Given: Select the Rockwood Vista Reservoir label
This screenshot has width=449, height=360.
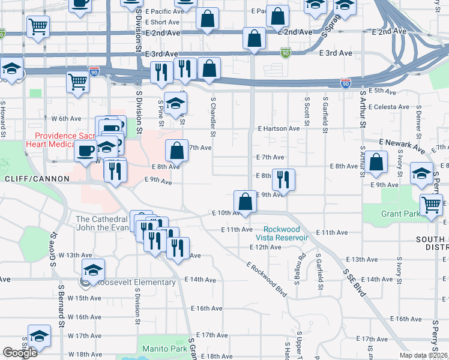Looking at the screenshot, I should coord(286,233).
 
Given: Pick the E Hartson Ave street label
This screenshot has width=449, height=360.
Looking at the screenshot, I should coord(279,128).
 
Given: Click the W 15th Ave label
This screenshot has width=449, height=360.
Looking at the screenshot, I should coord(84,298).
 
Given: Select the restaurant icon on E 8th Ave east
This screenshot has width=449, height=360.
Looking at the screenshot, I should coord(283,179).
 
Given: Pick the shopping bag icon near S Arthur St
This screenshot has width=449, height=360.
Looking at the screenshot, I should coord(376,162).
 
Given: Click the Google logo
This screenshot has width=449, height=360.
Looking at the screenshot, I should coord(20,353).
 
